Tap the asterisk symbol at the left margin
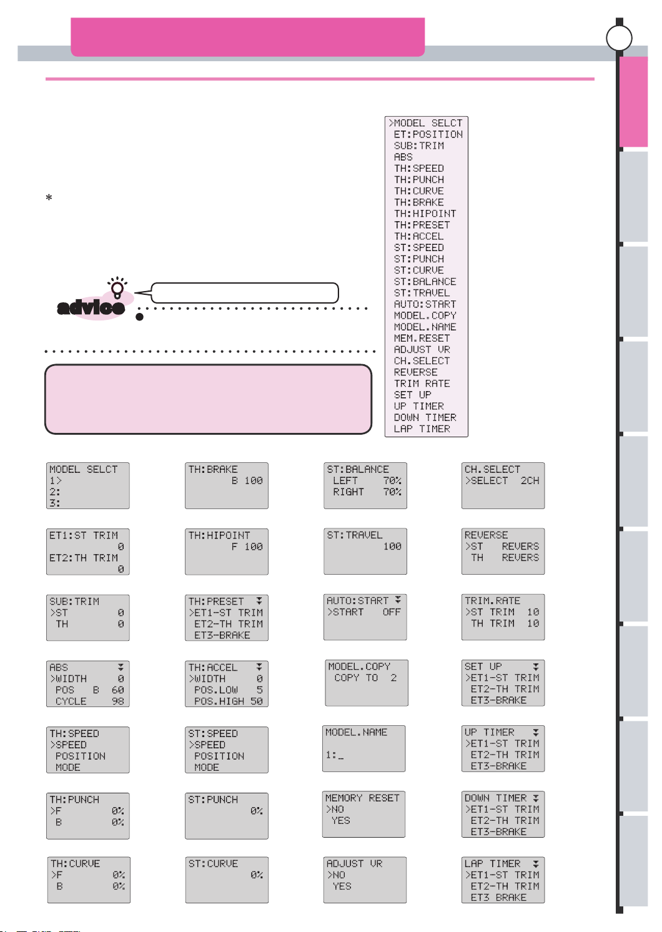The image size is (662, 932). point(49,198)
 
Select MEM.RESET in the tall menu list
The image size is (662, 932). point(422,338)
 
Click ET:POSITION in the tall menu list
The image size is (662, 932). point(428,134)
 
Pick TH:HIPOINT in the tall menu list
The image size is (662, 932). point(425,214)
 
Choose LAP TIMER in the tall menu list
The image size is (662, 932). point(422,429)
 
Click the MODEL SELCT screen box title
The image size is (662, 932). point(83,469)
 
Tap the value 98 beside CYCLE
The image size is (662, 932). point(117,701)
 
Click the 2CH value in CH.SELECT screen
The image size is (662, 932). point(530,480)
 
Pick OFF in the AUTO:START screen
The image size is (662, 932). point(392,612)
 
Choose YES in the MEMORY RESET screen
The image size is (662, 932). point(340,820)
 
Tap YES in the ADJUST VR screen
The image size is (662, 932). point(342,886)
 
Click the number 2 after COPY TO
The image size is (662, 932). point(393,678)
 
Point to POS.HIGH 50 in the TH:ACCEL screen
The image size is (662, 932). point(228,701)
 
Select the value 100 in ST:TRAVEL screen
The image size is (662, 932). point(392,547)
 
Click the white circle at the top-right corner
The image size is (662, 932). point(619,37)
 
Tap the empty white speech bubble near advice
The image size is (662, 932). point(245,292)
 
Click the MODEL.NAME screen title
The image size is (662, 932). point(356,732)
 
